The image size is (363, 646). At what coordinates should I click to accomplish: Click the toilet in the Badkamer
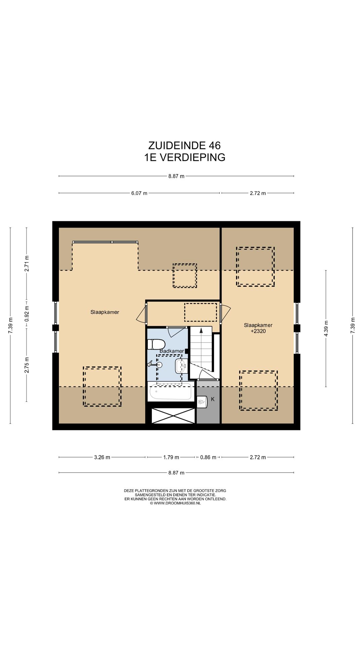pos(156,344)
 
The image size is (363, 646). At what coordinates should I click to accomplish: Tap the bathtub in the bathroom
pos(171,391)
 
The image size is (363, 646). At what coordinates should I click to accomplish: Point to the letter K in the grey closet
pos(213,399)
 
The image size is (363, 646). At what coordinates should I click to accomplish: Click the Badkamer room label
pos(172,351)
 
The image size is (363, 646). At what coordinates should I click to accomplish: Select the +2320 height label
pos(258,331)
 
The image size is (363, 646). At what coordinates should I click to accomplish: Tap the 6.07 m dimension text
pos(139,193)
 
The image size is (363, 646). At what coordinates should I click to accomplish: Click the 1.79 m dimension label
pos(171,457)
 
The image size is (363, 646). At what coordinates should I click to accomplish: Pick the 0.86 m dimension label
pos(208,457)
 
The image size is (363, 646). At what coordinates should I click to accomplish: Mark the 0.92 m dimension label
pos(27,313)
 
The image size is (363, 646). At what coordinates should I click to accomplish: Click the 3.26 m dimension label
pos(102,457)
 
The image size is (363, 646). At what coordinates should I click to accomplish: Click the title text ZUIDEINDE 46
pos(185,145)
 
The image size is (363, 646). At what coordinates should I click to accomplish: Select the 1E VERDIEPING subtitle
pos(185,157)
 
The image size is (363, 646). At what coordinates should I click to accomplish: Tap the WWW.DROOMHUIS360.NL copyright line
pos(175,503)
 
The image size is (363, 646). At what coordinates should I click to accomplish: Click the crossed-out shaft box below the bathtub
pos(173,416)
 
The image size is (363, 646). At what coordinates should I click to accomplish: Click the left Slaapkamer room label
pos(105,312)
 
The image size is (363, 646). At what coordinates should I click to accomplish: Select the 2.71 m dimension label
pos(27,264)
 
